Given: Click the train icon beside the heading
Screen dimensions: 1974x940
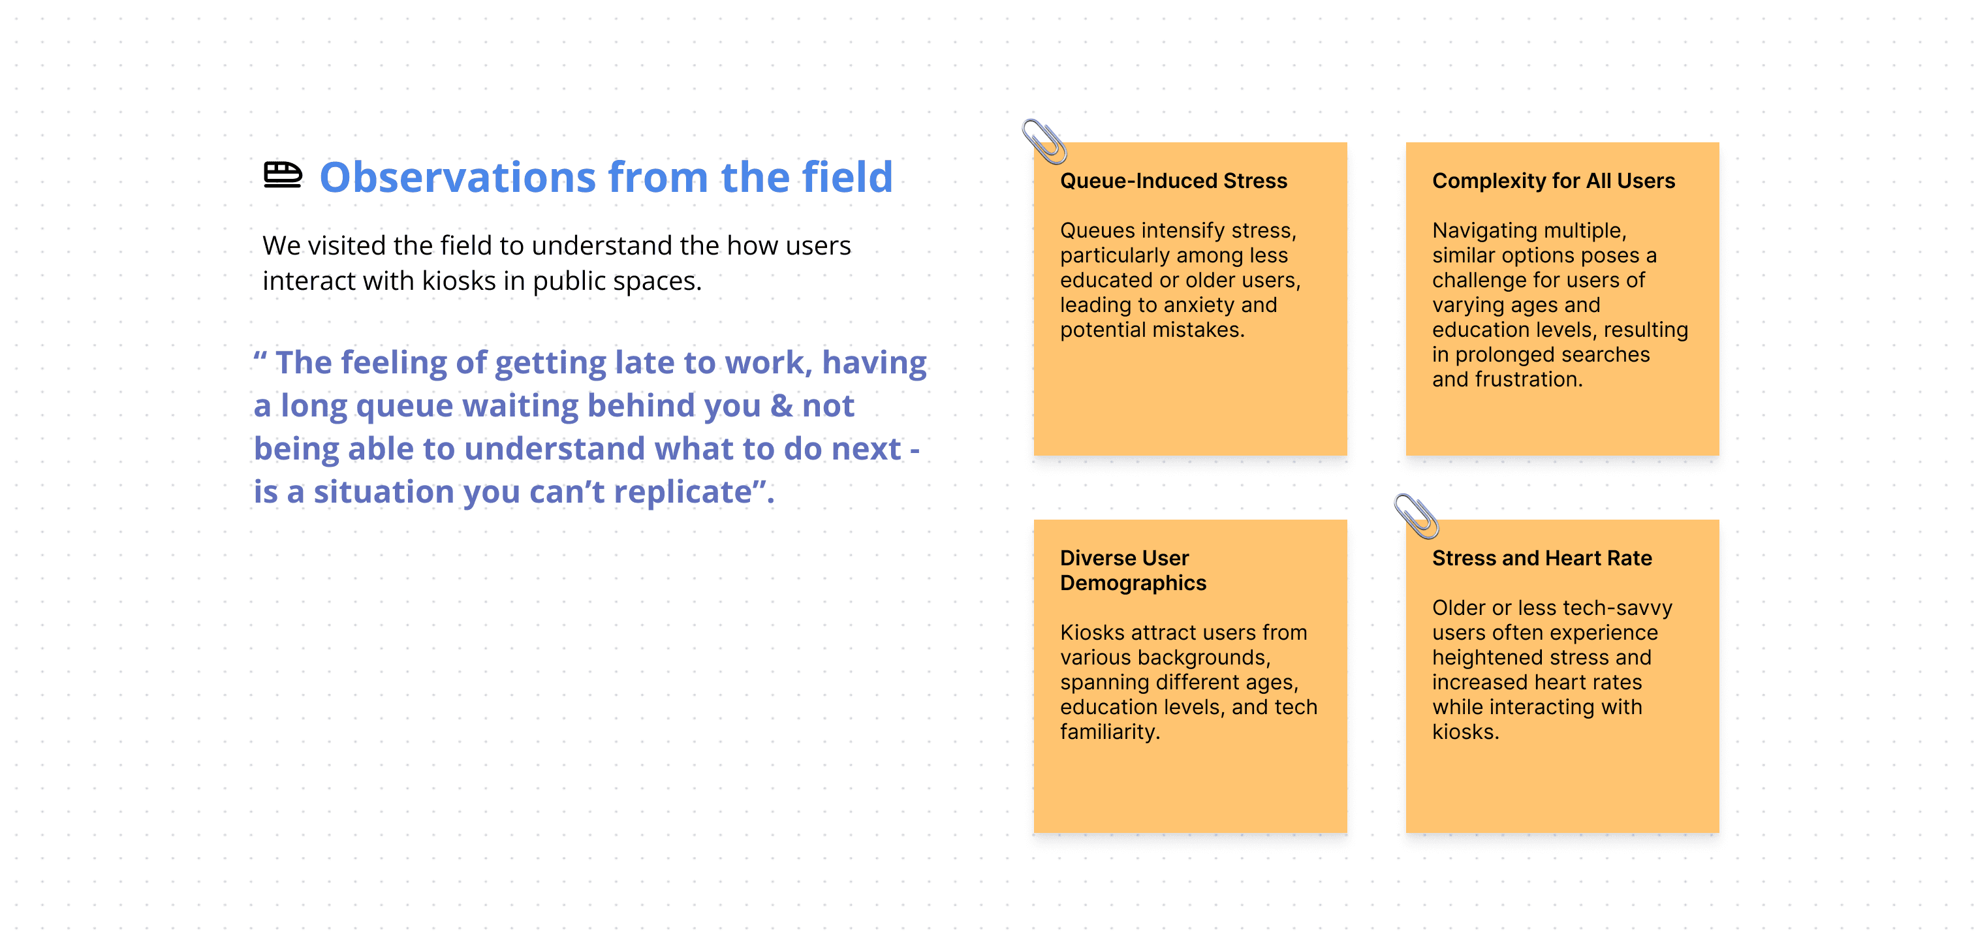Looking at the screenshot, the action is [283, 175].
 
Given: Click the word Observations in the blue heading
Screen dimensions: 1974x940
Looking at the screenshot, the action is [458, 177].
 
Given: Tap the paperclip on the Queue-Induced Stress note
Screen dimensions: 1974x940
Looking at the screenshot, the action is [1044, 141].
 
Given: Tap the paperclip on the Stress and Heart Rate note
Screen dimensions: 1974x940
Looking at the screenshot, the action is [1416, 516].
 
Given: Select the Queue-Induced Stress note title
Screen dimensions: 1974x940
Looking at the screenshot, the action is [1173, 181].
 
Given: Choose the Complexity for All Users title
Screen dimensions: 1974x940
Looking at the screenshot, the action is [1554, 181].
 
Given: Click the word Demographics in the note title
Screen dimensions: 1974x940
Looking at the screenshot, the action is [1133, 583].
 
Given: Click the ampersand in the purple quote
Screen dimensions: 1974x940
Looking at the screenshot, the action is [781, 405].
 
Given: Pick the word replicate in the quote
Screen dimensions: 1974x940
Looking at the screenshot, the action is [682, 492].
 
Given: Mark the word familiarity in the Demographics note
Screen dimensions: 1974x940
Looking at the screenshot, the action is [1110, 732].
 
